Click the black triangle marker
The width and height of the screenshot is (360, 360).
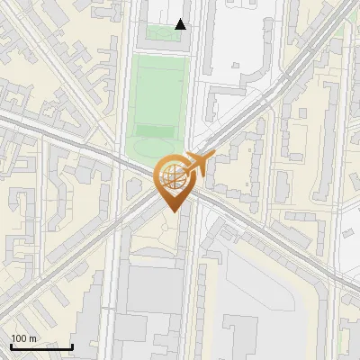(181, 24)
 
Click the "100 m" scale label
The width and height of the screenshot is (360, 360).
(23, 338)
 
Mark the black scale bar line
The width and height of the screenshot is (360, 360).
(41, 346)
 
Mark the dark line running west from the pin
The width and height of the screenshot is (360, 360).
(72, 143)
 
